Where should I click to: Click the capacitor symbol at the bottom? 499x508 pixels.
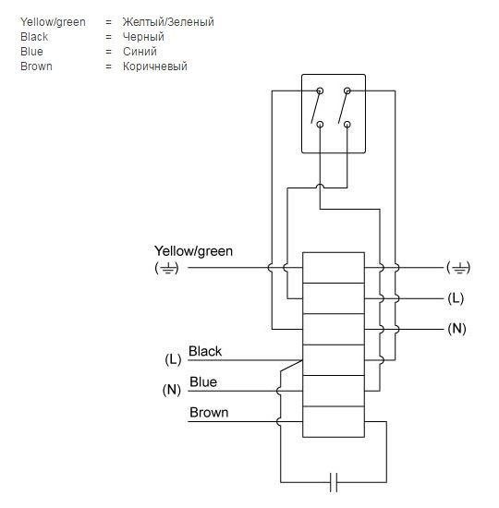click(x=334, y=482)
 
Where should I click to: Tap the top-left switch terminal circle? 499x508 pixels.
click(x=320, y=91)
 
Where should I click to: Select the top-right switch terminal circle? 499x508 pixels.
click(x=347, y=91)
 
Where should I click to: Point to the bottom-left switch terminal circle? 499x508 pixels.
click(x=320, y=125)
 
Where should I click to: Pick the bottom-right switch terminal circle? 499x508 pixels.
click(x=347, y=125)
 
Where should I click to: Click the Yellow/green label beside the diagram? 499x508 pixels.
click(x=193, y=251)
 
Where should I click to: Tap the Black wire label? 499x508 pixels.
click(x=205, y=351)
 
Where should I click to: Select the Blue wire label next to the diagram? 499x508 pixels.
click(x=203, y=382)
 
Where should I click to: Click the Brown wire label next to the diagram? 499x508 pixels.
click(x=209, y=413)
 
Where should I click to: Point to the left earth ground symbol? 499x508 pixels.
click(x=166, y=268)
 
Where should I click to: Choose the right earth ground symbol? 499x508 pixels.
click(x=458, y=268)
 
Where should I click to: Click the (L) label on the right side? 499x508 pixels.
click(x=456, y=298)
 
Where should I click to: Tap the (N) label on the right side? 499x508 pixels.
click(x=456, y=329)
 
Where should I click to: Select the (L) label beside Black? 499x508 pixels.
click(x=173, y=359)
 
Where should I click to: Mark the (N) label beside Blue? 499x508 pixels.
click(x=171, y=390)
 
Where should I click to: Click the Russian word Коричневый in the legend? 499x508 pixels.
click(x=155, y=67)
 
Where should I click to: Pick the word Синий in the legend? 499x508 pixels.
click(x=140, y=52)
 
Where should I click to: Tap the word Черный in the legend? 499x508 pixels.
click(x=143, y=37)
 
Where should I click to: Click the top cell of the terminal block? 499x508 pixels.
click(x=334, y=268)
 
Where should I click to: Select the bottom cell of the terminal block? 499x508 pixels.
click(x=334, y=422)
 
